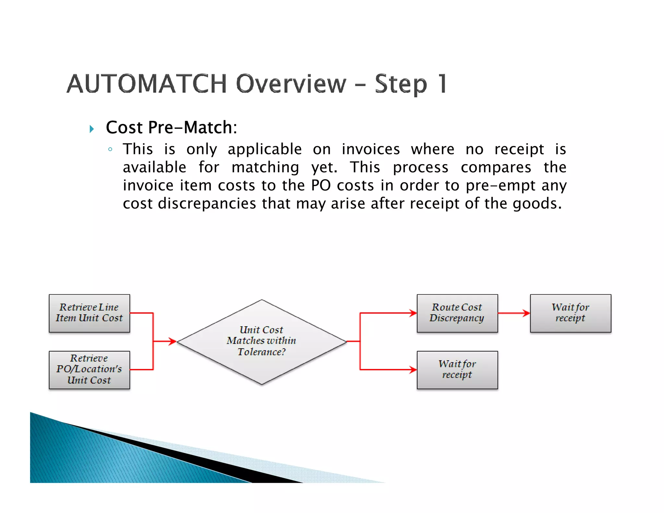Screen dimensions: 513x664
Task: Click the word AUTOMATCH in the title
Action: click(147, 84)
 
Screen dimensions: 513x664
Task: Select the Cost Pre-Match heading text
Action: click(171, 127)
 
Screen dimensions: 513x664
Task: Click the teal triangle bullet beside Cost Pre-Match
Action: click(92, 129)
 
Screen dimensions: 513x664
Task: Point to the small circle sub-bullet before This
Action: click(110, 149)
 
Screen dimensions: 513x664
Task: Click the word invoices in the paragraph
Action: click(371, 149)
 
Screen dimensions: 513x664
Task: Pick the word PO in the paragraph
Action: click(321, 185)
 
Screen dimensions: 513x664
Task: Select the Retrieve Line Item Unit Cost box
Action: click(89, 313)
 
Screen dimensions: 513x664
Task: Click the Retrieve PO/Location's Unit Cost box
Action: click(89, 370)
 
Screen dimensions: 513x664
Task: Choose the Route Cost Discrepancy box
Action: click(457, 313)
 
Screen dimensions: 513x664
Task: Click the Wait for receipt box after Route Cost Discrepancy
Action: click(571, 313)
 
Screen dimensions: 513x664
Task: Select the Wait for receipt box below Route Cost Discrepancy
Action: click(457, 370)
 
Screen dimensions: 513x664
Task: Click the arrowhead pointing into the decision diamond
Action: click(173, 341)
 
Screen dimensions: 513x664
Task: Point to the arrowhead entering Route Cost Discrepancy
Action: click(413, 313)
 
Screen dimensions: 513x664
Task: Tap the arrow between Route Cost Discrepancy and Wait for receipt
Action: click(514, 313)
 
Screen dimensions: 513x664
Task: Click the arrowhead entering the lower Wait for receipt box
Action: click(413, 370)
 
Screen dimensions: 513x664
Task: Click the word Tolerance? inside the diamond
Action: click(262, 352)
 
